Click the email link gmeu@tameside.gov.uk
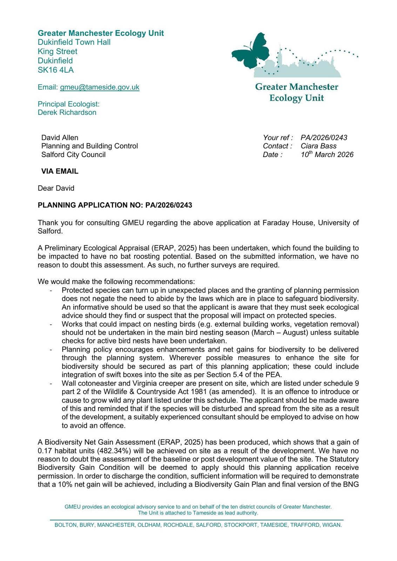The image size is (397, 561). click(x=100, y=87)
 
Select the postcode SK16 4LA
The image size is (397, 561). click(x=56, y=70)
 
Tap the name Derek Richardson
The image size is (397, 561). click(x=67, y=112)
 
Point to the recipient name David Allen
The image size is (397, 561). click(x=60, y=137)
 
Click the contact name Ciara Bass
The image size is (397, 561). click(x=318, y=146)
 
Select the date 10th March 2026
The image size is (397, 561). click(x=327, y=154)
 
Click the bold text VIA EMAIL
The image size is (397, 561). click(x=60, y=171)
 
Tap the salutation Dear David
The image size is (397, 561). click(x=56, y=188)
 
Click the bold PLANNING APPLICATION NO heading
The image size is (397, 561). click(x=115, y=205)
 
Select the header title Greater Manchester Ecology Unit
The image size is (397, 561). click(x=101, y=33)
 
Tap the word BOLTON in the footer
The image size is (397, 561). click(x=66, y=525)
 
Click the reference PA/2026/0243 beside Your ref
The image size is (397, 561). click(x=324, y=137)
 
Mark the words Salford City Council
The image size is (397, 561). click(x=73, y=154)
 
